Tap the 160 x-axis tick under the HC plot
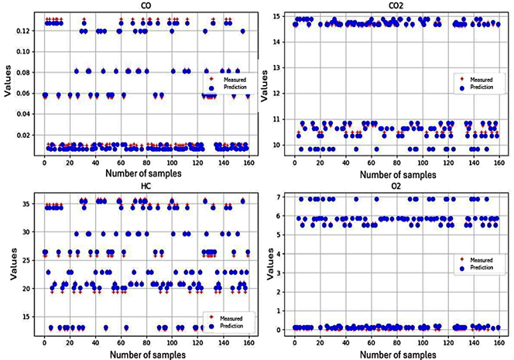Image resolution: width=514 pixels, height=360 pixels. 248,339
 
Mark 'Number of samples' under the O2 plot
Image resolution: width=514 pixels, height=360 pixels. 397,351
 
